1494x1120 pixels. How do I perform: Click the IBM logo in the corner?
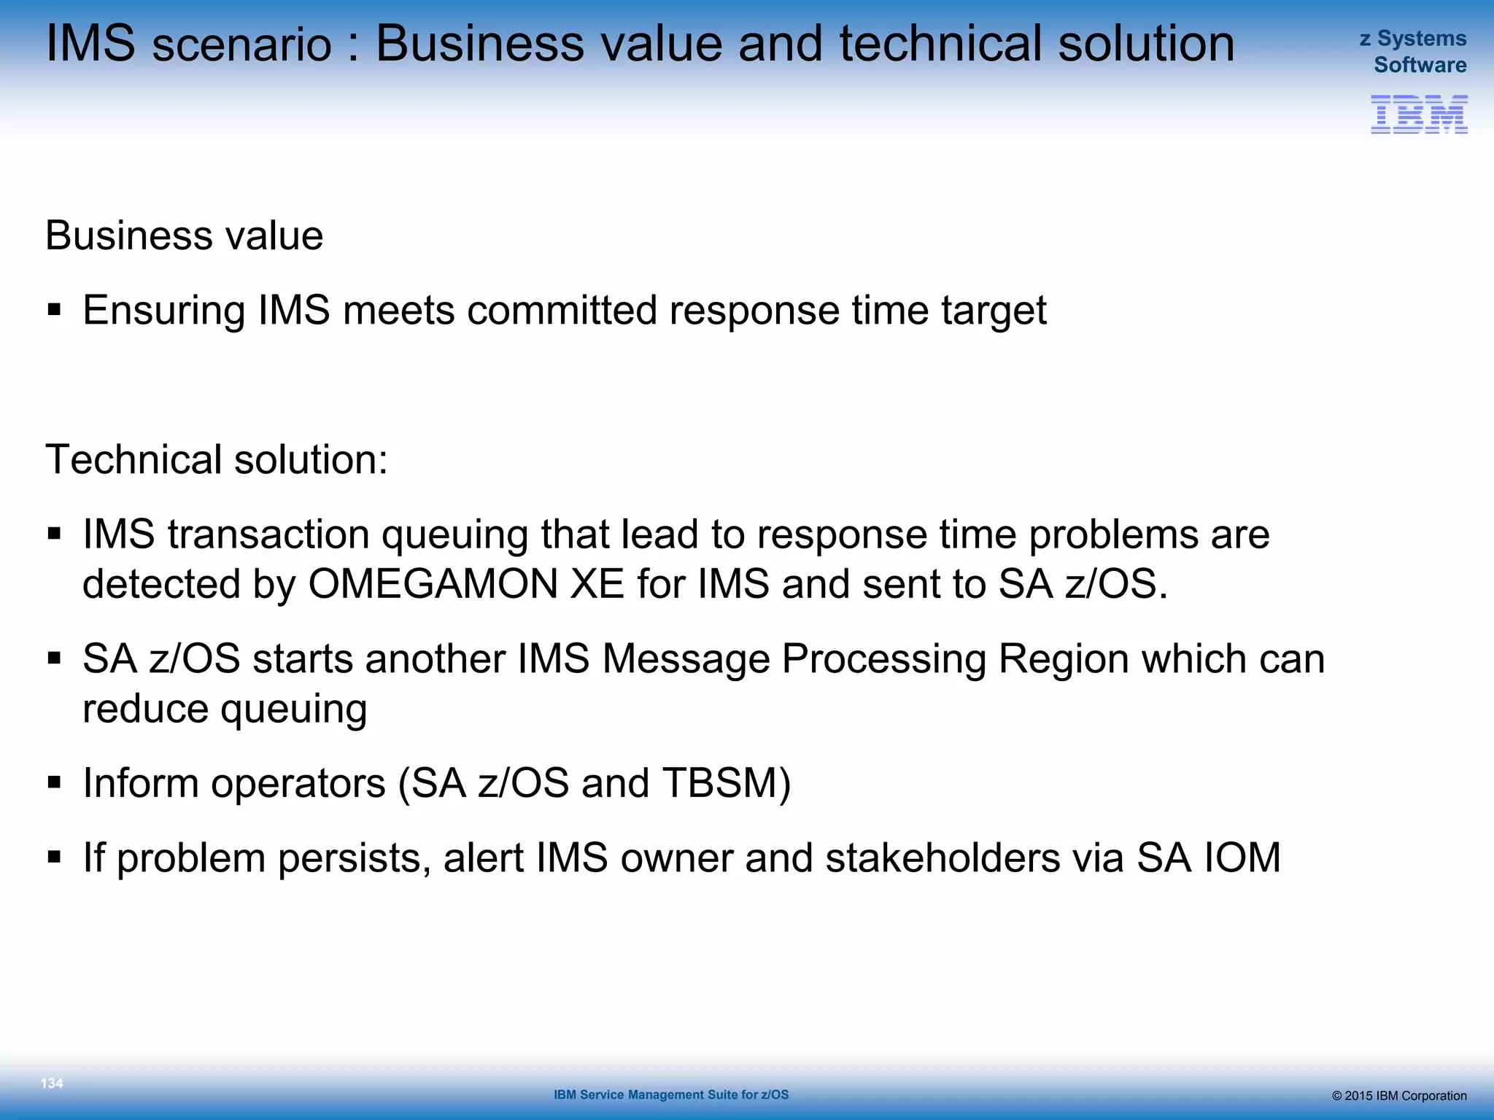[1419, 114]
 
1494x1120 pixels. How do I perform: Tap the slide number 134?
[52, 1084]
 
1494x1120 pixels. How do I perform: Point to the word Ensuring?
[163, 311]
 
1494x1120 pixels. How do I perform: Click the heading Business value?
[184, 236]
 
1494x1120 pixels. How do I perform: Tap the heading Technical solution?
[217, 459]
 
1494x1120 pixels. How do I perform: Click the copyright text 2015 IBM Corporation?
[1398, 1096]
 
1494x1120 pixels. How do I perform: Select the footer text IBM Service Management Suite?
[670, 1094]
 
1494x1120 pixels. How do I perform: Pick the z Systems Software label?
[1414, 52]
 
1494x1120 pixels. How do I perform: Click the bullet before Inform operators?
[54, 783]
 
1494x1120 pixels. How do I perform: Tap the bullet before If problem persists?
[54, 857]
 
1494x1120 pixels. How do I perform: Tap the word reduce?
[145, 709]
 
